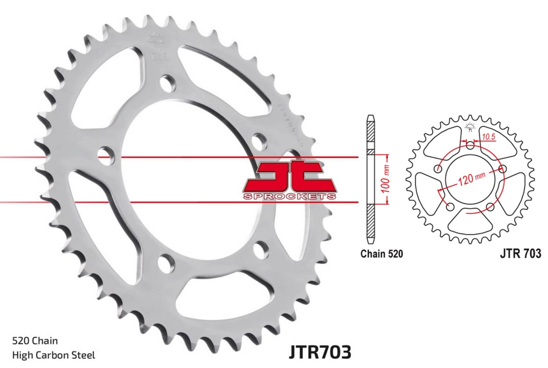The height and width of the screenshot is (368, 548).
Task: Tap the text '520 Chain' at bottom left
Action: [x=35, y=340]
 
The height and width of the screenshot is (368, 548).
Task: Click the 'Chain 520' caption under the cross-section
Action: [x=381, y=254]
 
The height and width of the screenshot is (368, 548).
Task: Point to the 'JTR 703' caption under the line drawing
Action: [x=520, y=254]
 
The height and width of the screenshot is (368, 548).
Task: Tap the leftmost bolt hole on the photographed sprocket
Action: [x=103, y=154]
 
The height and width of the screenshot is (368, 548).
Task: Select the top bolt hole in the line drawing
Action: [x=469, y=144]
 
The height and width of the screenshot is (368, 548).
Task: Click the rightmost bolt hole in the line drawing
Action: [x=503, y=169]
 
